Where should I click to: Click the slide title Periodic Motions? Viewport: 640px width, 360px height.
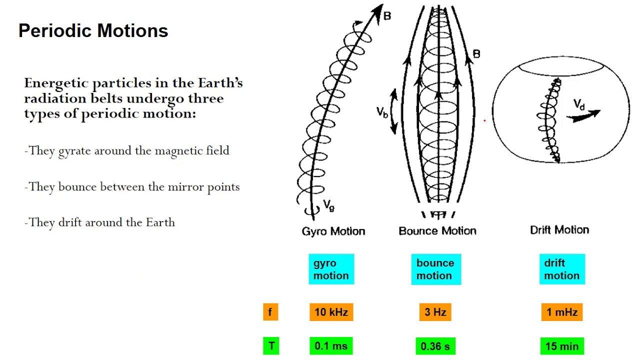point(93,31)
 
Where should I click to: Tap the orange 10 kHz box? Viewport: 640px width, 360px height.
point(331,312)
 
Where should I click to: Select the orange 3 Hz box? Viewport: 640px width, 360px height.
point(435,312)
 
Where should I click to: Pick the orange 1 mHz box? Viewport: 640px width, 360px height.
point(562,312)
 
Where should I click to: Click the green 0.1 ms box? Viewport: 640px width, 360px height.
point(331,346)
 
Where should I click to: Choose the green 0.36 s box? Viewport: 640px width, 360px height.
point(435,346)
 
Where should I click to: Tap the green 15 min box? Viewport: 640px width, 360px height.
point(562,346)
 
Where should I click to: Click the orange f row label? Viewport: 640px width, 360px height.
point(270,312)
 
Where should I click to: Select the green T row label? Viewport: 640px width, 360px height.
point(271,346)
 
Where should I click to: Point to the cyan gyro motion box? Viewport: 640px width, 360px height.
point(331,269)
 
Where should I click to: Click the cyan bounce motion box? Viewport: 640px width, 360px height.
point(435,269)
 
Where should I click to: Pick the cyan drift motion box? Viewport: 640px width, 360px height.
point(562,269)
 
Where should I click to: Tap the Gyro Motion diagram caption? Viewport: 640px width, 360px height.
point(333,231)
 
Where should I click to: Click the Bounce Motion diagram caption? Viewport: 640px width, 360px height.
point(437,230)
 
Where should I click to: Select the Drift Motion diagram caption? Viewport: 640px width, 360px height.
point(559,230)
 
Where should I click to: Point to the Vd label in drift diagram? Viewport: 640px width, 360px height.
point(579,104)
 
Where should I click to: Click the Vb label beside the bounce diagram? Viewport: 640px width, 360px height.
point(382,111)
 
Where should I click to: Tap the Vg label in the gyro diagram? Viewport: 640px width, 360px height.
point(328,204)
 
